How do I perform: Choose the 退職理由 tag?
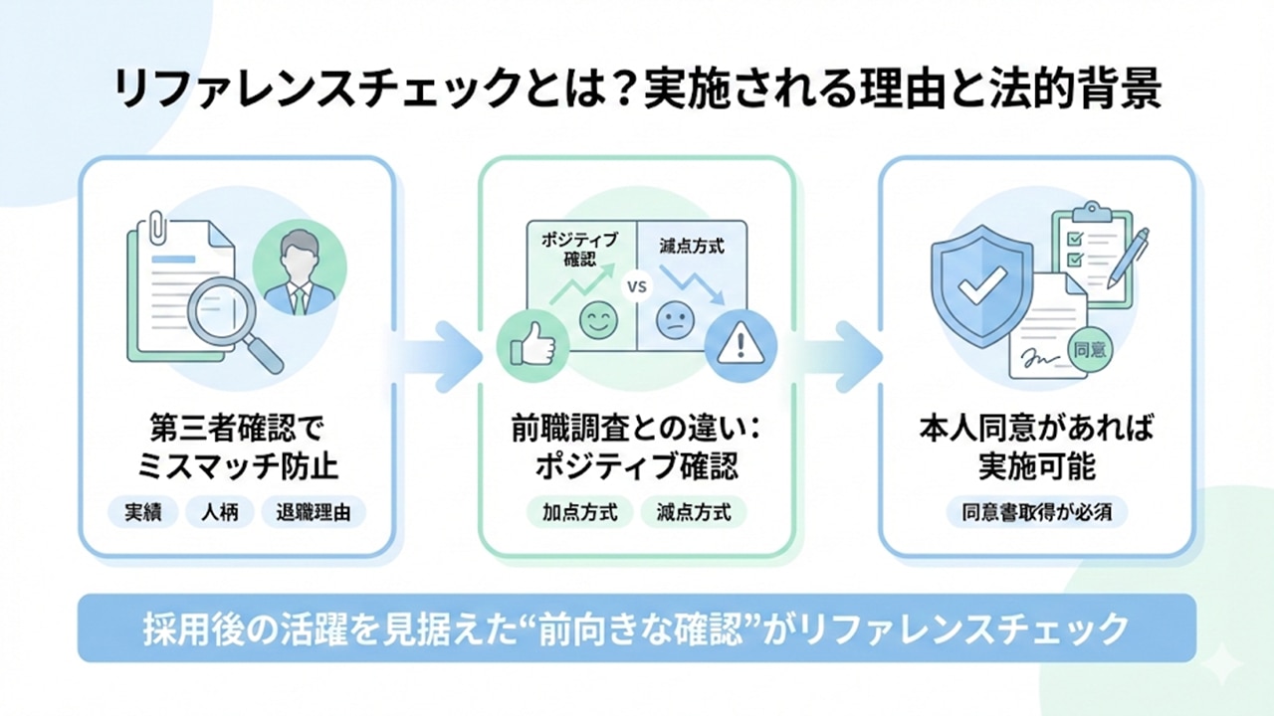pos(314,513)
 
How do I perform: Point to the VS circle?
pos(637,286)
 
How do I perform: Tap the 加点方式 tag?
pos(579,513)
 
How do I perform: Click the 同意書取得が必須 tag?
pos(1036,513)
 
